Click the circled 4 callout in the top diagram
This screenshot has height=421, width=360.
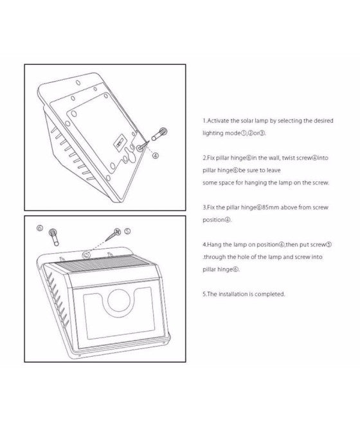click(x=155, y=156)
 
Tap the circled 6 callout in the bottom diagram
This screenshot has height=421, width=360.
click(x=40, y=228)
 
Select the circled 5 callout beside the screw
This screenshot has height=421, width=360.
click(x=127, y=231)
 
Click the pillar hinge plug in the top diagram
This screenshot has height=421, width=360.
click(x=159, y=134)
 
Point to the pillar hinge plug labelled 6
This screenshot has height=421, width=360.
click(x=54, y=237)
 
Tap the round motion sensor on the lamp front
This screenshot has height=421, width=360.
click(x=119, y=300)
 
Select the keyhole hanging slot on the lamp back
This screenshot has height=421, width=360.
click(x=129, y=155)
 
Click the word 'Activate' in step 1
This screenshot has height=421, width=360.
click(x=219, y=121)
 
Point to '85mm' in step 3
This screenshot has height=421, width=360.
click(x=271, y=208)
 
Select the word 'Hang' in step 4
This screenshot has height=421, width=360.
click(x=215, y=245)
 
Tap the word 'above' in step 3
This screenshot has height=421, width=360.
click(x=289, y=208)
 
